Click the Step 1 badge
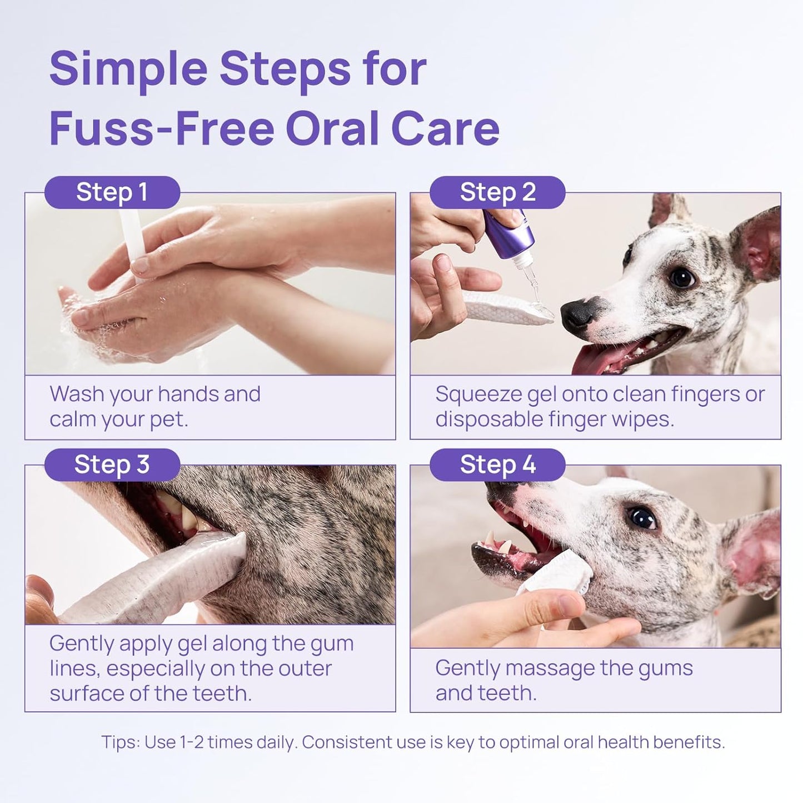click(112, 192)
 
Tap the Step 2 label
click(497, 192)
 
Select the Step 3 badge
click(112, 465)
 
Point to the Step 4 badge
click(497, 465)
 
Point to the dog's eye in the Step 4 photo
click(642, 518)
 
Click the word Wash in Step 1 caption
click(76, 394)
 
